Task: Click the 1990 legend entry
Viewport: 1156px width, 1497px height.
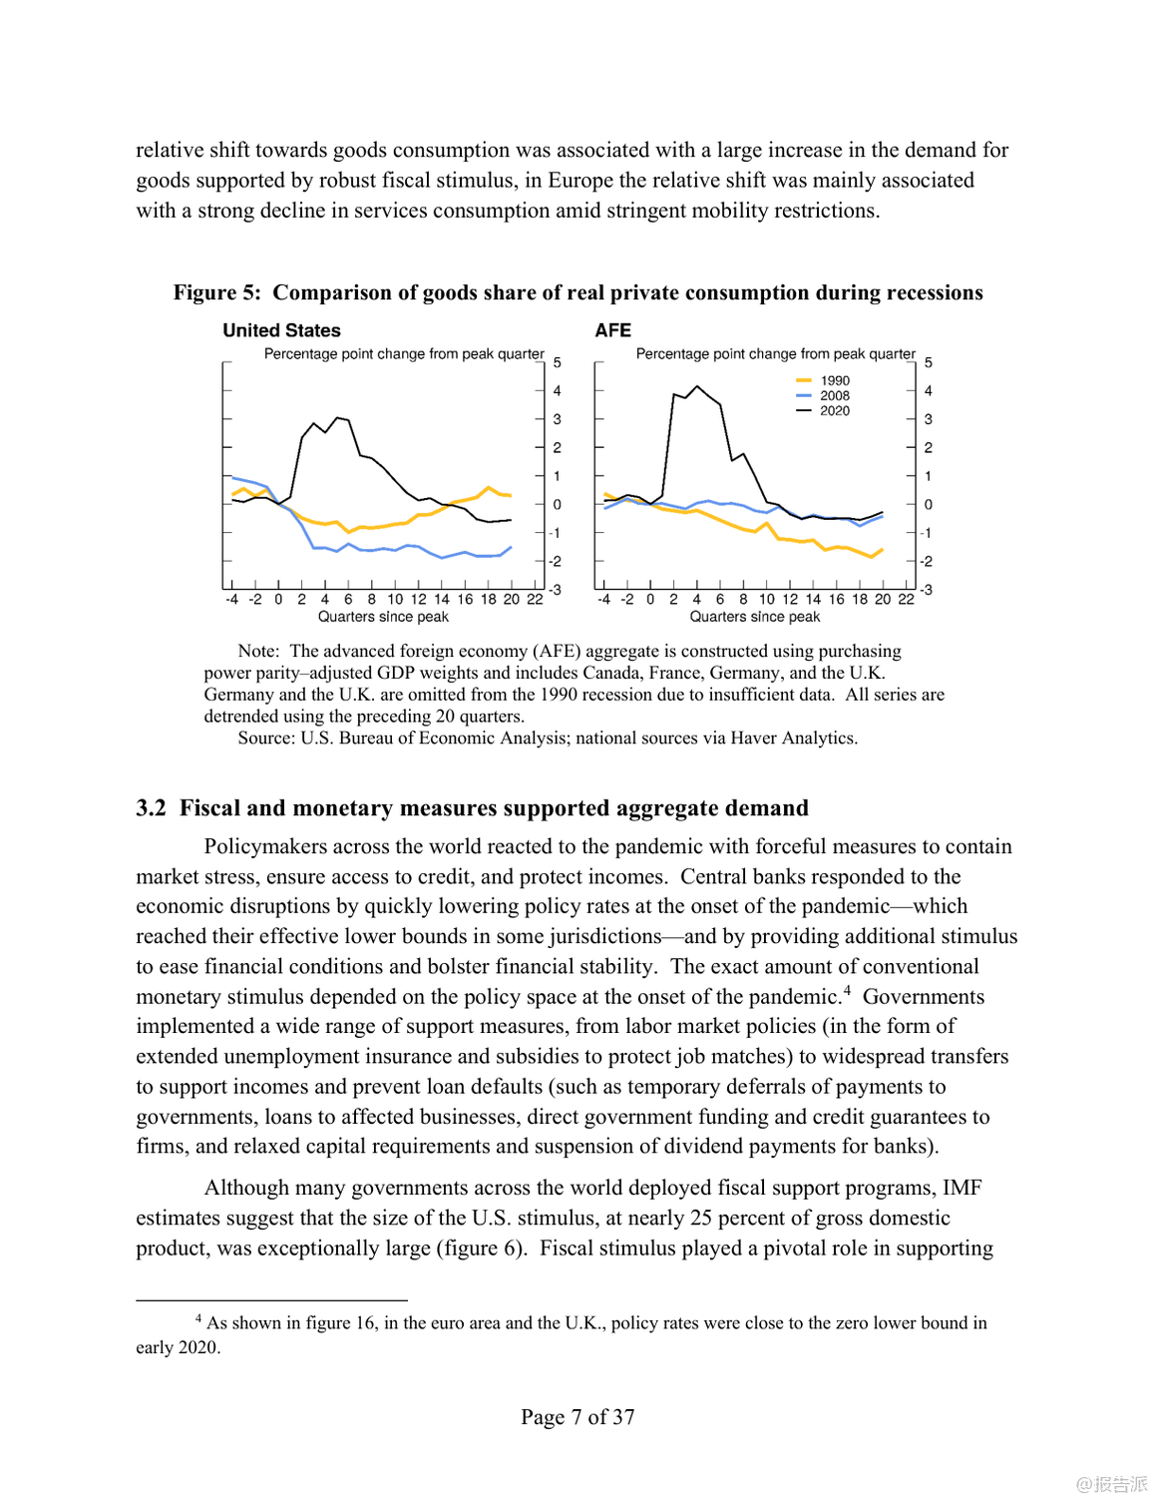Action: [835, 380]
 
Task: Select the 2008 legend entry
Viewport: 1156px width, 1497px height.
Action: [835, 395]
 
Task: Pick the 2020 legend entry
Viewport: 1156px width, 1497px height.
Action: [835, 410]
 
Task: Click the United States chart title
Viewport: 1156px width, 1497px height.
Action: [281, 330]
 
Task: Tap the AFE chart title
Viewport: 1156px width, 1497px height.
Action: [612, 330]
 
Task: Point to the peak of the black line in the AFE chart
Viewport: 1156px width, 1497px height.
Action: [696, 386]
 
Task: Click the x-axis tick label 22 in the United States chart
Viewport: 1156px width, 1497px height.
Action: [535, 600]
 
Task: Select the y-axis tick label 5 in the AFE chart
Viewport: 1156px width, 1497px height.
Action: [929, 362]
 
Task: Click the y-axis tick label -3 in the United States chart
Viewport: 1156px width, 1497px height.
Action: [556, 590]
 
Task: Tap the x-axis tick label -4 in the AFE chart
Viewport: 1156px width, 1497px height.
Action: [603, 600]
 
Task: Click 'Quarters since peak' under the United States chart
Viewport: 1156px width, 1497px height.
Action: [383, 617]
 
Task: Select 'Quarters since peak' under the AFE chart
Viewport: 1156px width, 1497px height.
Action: [755, 617]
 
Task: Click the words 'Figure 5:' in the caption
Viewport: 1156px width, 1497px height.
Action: [216, 292]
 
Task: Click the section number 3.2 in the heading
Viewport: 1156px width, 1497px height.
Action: [151, 808]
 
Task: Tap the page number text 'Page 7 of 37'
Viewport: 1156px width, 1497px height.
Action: [578, 1417]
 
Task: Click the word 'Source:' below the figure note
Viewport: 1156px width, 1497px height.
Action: [266, 739]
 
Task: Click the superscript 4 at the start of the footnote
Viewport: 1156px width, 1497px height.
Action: [198, 1318]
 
